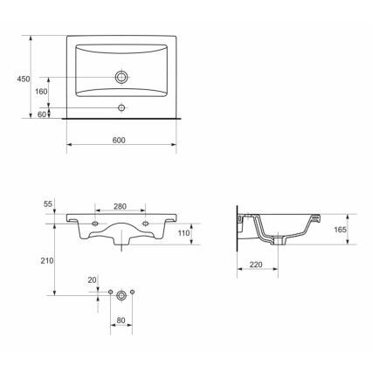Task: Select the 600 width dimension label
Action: tap(120, 140)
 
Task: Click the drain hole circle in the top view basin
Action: tap(121, 78)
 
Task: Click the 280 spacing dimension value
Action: tap(121, 207)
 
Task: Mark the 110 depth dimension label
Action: tap(183, 234)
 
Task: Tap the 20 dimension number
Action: tap(92, 279)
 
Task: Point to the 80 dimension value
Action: tap(121, 320)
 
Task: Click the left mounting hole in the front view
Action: tap(94, 224)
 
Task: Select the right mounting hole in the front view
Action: tap(146, 224)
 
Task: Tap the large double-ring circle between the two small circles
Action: tap(121, 296)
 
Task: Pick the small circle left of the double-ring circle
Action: tap(110, 290)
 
